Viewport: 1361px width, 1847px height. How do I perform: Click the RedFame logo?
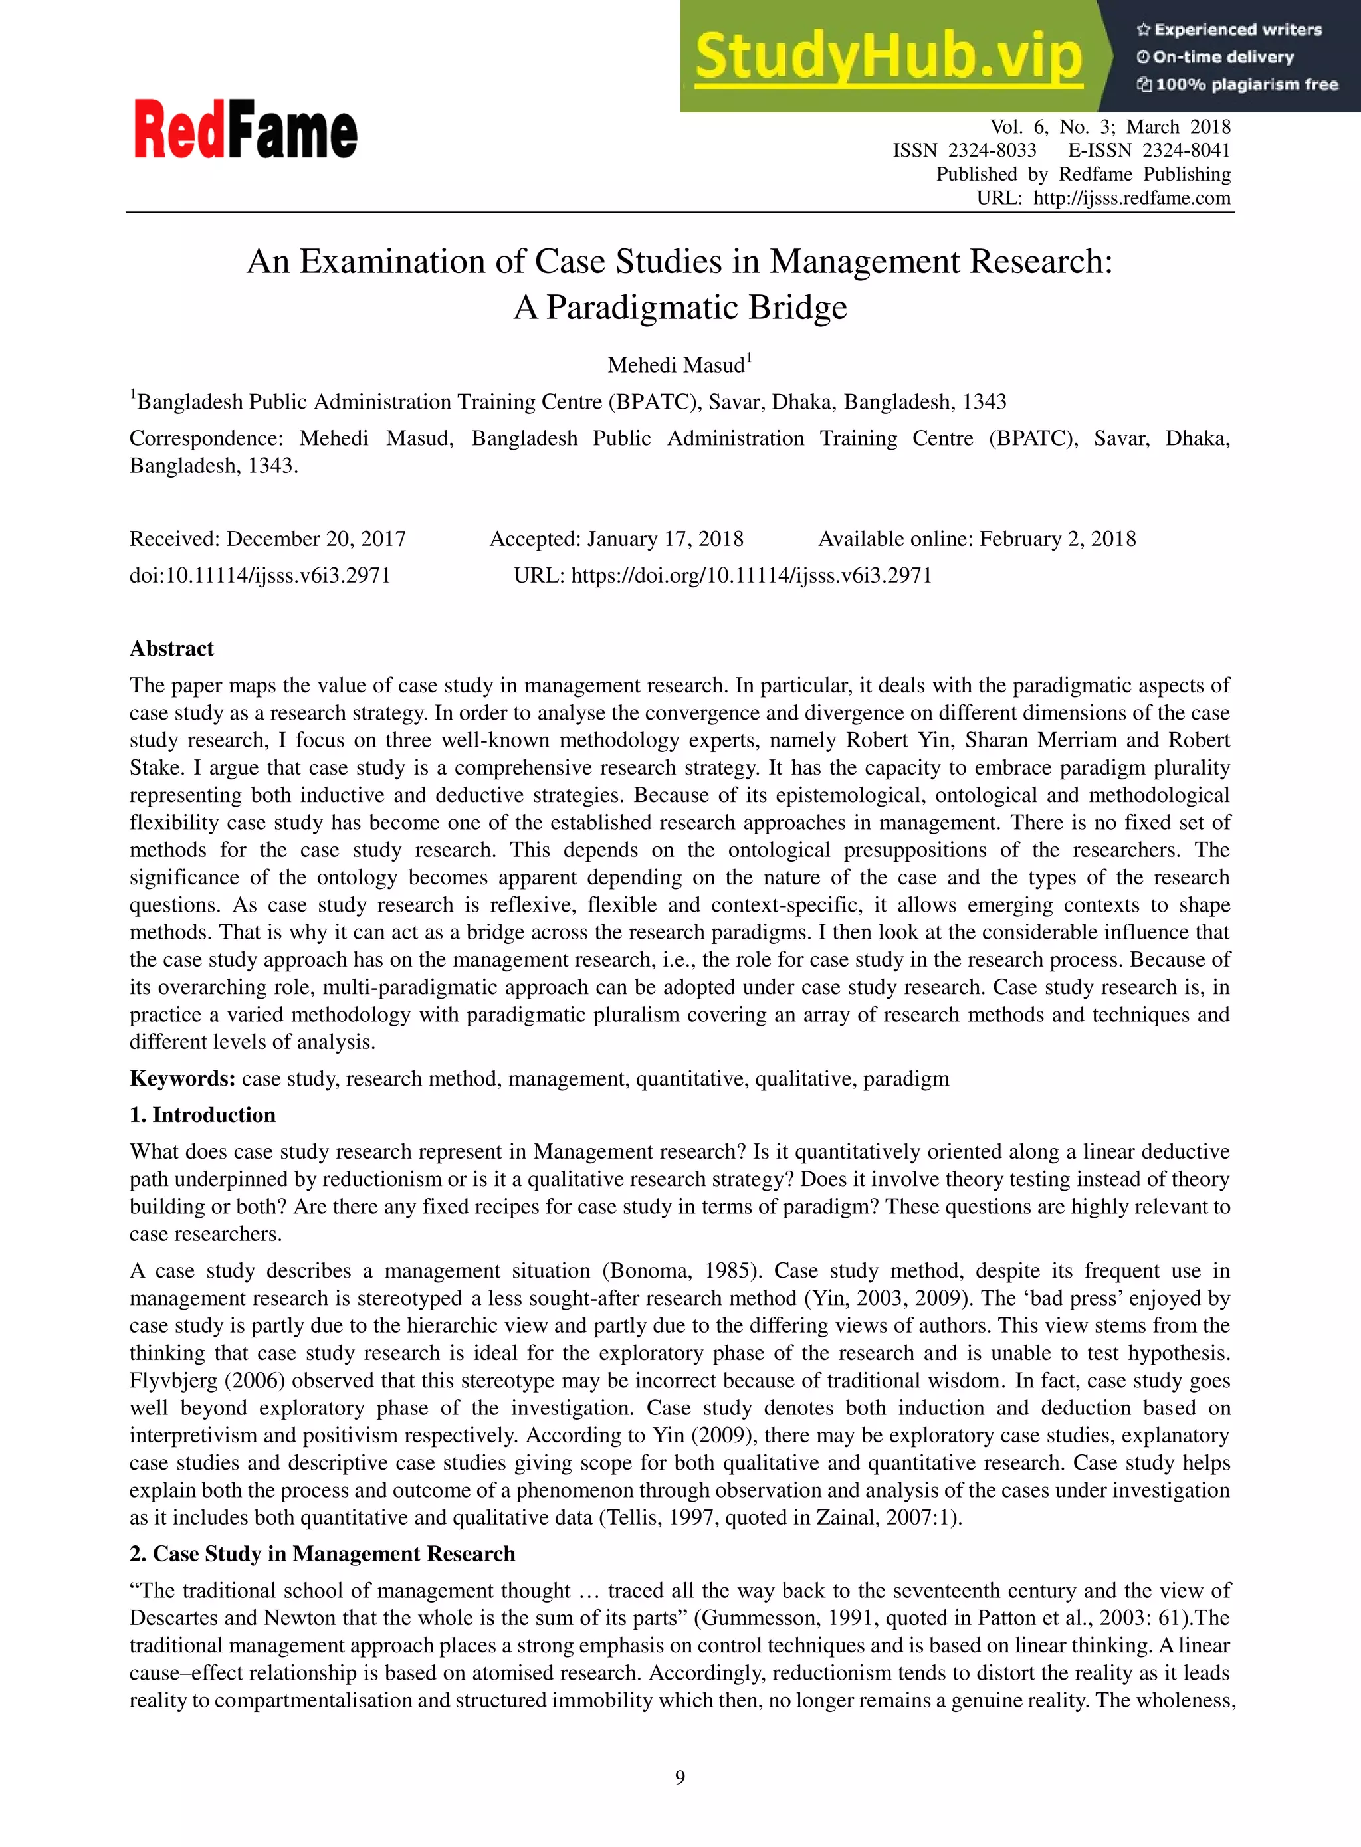click(x=245, y=130)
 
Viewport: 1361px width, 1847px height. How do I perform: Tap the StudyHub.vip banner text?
click(x=888, y=57)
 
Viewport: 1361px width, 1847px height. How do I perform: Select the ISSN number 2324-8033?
click(x=992, y=151)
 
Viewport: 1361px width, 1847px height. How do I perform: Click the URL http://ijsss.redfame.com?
click(x=1131, y=199)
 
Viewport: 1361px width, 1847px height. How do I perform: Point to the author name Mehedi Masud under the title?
click(x=676, y=365)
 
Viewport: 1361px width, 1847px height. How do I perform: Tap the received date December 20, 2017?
click(x=316, y=539)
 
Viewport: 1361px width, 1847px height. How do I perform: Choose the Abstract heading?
click(x=171, y=649)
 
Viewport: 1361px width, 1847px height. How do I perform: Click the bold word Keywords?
click(x=182, y=1079)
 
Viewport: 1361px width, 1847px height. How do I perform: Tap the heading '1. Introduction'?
click(x=203, y=1115)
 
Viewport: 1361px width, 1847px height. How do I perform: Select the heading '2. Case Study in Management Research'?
click(x=322, y=1554)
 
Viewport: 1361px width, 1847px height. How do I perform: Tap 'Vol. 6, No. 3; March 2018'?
click(x=1110, y=127)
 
